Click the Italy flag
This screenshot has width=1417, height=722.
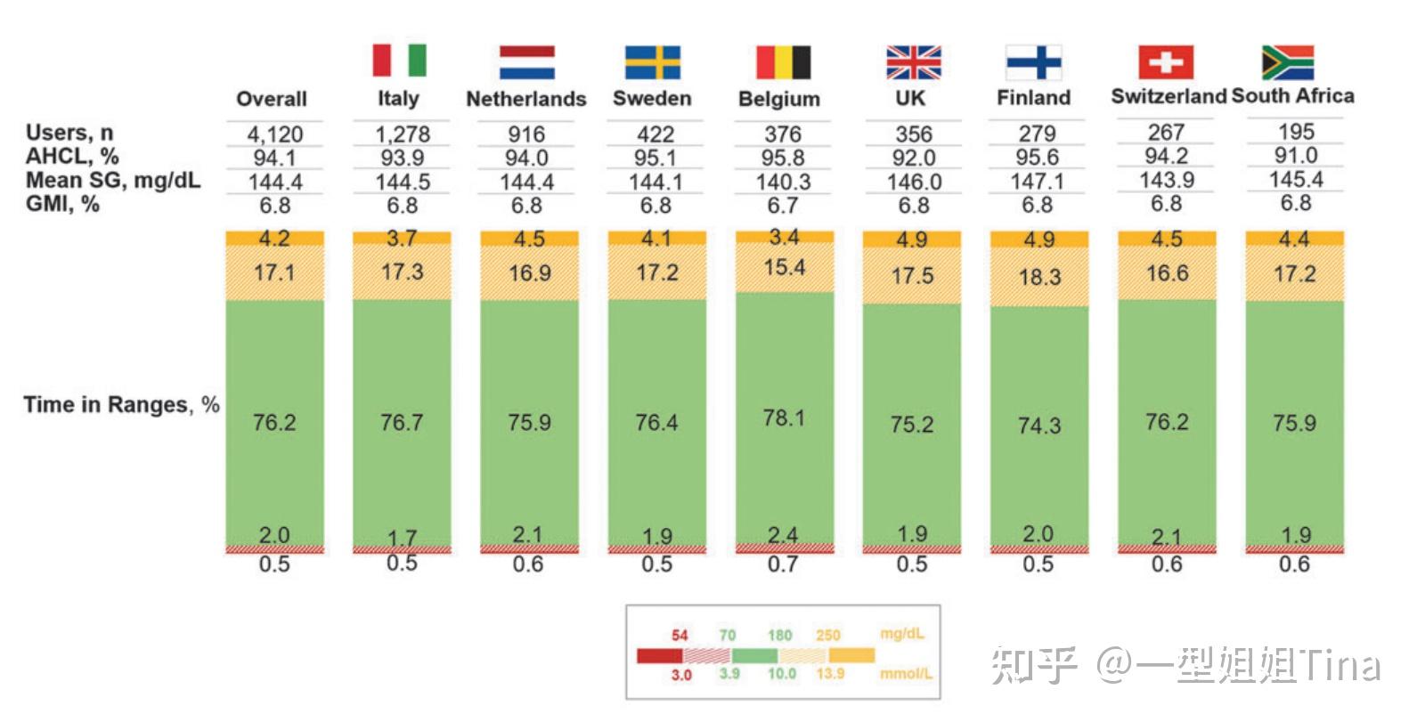pos(399,61)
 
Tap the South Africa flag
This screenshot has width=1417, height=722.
pos(1287,62)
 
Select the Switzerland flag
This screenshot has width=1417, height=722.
pos(1166,62)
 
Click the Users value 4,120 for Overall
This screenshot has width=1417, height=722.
pos(274,134)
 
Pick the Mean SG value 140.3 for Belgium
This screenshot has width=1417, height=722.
pos(783,182)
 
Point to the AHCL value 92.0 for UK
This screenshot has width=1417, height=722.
pos(913,158)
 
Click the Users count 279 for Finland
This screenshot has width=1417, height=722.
pos(1038,134)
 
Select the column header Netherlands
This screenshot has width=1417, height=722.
pos(526,99)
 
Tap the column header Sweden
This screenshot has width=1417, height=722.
pos(652,98)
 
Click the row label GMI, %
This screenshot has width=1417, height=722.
pos(62,204)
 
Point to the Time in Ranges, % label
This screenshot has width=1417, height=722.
pos(121,405)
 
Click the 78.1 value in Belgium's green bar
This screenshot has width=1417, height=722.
pos(784,418)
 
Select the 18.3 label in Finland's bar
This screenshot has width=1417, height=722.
pos(1039,277)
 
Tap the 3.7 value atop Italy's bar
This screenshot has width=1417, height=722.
pos(402,238)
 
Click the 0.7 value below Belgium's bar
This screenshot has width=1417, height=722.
pos(783,564)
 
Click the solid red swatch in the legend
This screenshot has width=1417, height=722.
pos(659,656)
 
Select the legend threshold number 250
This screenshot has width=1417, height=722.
pos(827,636)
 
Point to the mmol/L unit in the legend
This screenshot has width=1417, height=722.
pos(906,674)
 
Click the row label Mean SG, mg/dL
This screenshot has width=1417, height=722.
pos(113,181)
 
